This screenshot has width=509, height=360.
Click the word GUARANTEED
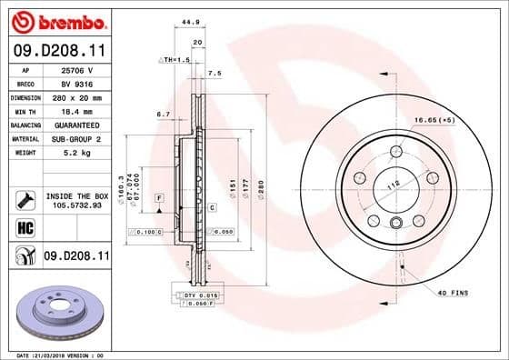point(77,125)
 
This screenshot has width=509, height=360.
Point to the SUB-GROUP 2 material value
point(77,138)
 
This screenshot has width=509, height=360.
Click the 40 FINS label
point(451,292)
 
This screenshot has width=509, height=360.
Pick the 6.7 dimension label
point(165,114)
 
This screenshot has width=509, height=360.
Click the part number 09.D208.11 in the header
point(59,52)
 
